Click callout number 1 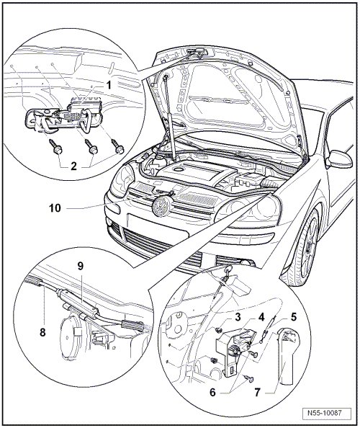point(109,85)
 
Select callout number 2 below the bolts point(74,166)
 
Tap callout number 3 point(238,317)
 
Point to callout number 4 point(261,317)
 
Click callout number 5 point(294,317)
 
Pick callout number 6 point(212,393)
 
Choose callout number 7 point(258,393)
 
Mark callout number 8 point(42,332)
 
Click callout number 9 point(80,266)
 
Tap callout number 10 point(55,208)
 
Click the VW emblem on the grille point(161,207)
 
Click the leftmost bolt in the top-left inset point(55,146)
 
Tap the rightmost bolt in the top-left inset point(117,146)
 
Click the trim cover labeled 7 point(287,355)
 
